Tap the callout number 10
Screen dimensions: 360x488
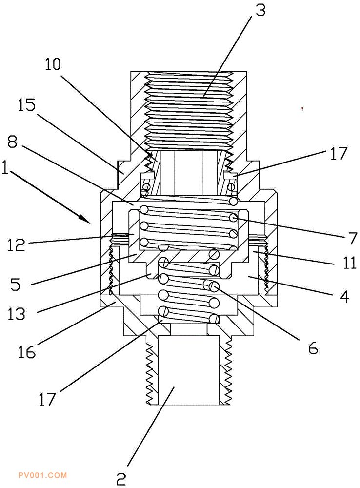[53, 64]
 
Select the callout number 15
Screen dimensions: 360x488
[26, 105]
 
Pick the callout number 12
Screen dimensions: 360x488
[17, 245]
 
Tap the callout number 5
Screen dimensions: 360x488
[15, 284]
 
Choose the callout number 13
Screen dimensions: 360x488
[17, 314]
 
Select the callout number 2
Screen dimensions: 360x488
[121, 479]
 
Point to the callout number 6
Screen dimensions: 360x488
[313, 348]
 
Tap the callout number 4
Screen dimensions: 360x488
[344, 297]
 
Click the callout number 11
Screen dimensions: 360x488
[349, 263]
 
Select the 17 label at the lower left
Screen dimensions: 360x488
[47, 399]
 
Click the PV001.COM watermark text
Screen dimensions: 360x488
[42, 475]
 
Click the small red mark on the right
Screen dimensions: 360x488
[301, 109]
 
